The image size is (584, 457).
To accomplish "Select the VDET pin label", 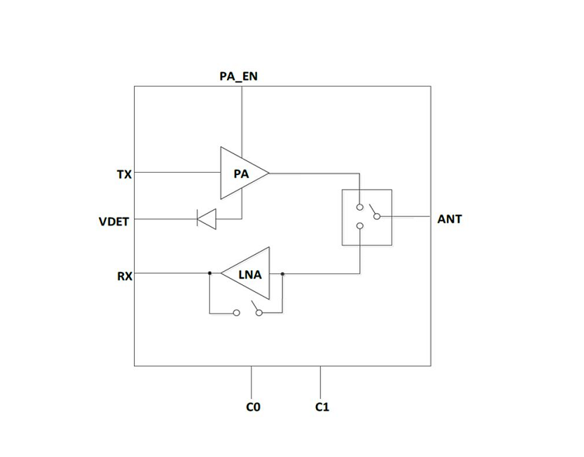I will (114, 221).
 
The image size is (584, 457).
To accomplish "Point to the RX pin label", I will (124, 275).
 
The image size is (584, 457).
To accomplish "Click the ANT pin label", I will (449, 219).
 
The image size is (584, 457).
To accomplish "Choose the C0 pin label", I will (252, 406).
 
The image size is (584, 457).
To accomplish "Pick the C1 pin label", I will (322, 406).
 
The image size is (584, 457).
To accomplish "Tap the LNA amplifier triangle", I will (249, 273).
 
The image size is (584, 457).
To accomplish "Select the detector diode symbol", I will (206, 219).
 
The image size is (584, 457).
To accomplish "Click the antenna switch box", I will (366, 217).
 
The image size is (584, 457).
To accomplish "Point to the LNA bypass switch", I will (248, 311).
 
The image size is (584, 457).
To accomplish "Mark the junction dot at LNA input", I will (283, 273).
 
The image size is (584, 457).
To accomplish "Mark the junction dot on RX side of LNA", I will (210, 273).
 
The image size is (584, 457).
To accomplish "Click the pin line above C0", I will (252, 380).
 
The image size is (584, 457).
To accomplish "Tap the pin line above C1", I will (321, 380).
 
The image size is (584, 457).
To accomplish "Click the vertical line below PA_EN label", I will (242, 116).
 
